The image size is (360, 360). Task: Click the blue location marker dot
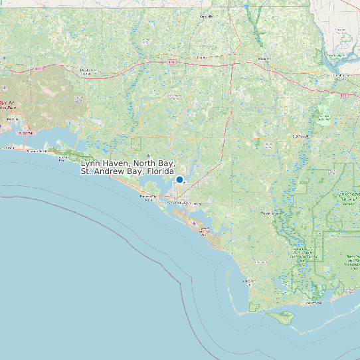179,179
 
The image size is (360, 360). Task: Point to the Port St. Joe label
249,282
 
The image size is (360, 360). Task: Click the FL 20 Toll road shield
25,133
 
